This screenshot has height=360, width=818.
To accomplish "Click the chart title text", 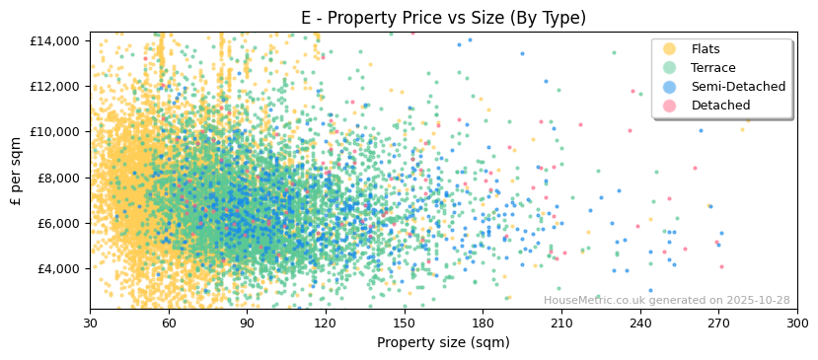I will tap(443, 18).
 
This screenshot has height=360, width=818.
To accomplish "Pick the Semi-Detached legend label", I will tap(738, 87).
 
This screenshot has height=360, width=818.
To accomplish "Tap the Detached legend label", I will tap(720, 106).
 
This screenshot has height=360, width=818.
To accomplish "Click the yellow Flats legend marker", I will tap(670, 49).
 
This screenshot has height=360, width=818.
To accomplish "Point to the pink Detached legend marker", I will tap(670, 106).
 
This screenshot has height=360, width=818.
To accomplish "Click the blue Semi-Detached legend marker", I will tap(670, 87).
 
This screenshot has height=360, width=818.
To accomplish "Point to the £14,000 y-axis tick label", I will tap(55, 40).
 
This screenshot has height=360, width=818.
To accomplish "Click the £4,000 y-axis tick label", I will tap(58, 268).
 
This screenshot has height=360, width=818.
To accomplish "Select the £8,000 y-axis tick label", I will tap(58, 178).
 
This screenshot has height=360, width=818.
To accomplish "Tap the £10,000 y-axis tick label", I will tap(55, 131).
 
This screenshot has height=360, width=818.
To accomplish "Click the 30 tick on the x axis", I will tap(90, 323).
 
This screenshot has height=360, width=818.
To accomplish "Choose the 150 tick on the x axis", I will tap(405, 323).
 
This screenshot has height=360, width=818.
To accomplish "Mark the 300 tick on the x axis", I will tap(797, 323).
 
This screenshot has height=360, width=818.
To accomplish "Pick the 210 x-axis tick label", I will tap(561, 323).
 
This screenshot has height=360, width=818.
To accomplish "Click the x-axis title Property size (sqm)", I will tap(443, 343).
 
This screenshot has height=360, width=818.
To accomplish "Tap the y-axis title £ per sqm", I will tap(16, 171).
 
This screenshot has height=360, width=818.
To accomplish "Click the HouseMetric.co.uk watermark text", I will tap(666, 301).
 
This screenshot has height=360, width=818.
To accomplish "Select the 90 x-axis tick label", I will tap(247, 323).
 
